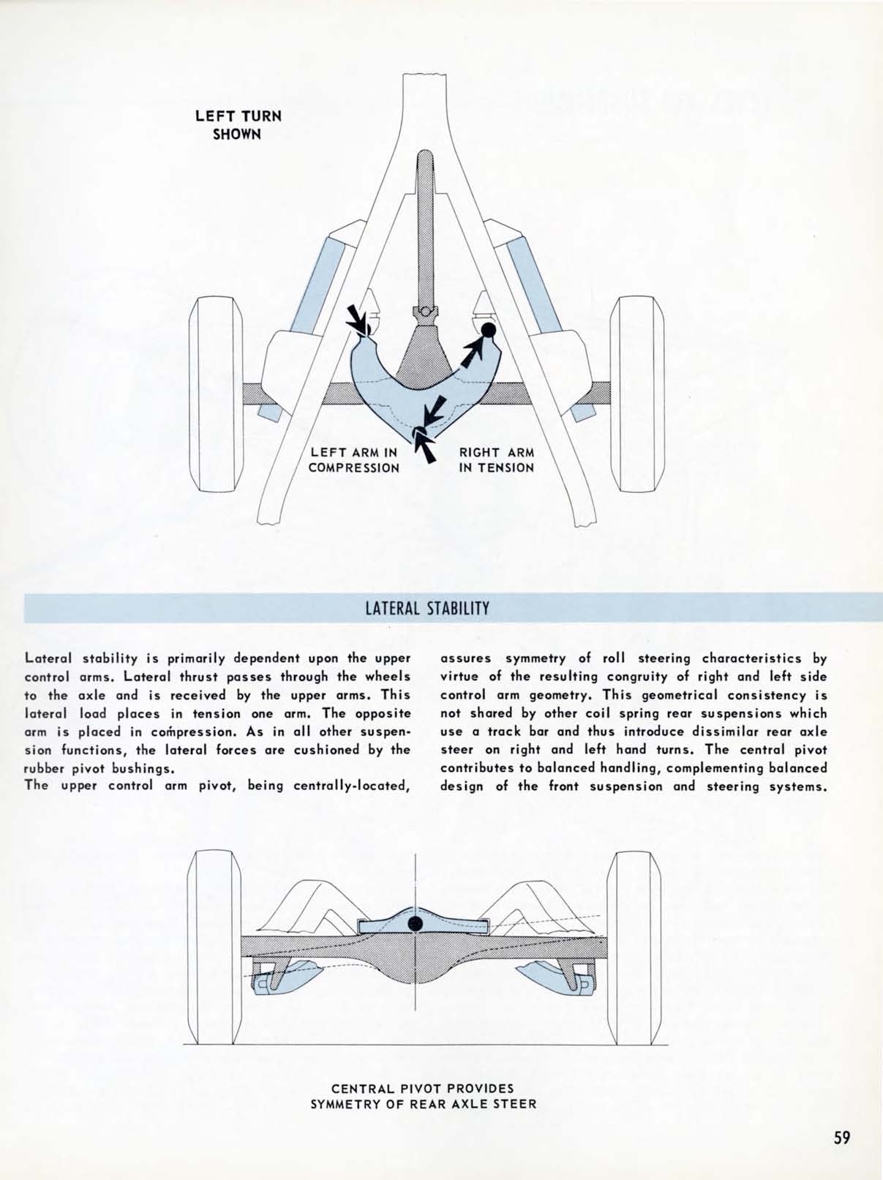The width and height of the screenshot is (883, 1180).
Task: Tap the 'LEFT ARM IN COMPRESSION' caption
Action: point(354,460)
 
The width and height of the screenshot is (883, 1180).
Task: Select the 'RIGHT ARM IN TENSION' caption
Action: point(497,460)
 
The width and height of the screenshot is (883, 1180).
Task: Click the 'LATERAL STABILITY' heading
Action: point(427,608)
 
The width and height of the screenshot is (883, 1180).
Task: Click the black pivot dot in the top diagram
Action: point(489,330)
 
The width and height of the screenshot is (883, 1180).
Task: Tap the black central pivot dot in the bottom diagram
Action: point(415,922)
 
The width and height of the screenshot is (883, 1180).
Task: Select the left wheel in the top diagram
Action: point(216,394)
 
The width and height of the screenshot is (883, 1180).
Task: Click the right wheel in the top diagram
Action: point(636,394)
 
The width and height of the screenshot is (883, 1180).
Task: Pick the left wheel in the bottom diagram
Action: point(214,947)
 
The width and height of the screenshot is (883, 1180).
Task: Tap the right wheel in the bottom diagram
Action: point(635,947)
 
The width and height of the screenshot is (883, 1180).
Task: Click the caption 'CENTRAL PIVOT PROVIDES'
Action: point(423,1088)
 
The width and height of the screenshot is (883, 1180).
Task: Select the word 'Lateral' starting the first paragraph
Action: point(48,658)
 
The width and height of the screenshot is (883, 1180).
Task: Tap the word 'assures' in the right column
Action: point(466,658)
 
